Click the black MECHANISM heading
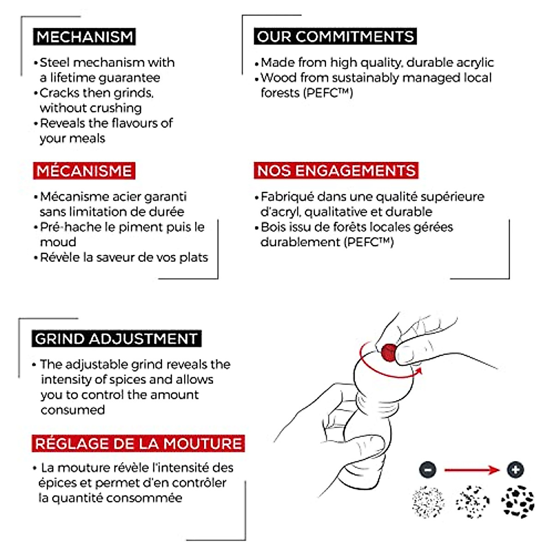[84, 36]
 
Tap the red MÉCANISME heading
[84, 171]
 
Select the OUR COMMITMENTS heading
[335, 36]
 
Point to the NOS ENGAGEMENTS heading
[336, 171]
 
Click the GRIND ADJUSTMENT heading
[116, 339]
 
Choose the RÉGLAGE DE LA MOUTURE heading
[138, 444]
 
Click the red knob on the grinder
[389, 352]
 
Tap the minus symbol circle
[428, 470]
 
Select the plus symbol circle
[515, 470]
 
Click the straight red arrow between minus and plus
[471, 470]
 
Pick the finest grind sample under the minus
[428, 502]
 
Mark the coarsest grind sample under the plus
[517, 502]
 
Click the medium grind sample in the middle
[472, 502]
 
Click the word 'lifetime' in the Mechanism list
[71, 78]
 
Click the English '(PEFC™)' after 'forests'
[329, 93]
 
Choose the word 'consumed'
[72, 410]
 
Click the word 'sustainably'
[355, 78]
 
